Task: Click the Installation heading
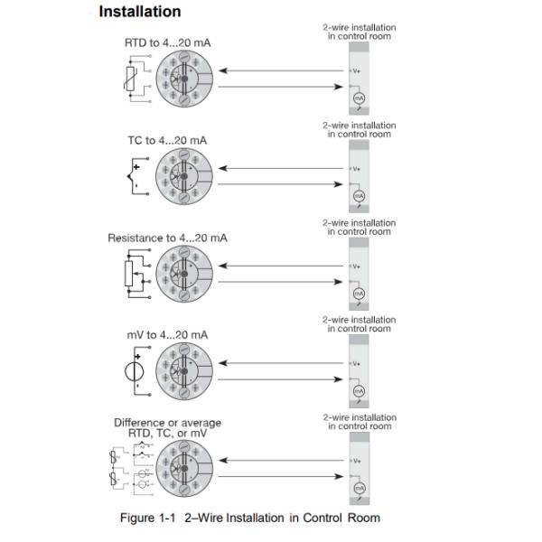click(139, 12)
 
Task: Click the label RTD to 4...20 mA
click(169, 42)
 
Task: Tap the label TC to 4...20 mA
click(167, 140)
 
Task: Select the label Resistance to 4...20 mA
click(167, 238)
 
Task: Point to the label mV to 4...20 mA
click(167, 335)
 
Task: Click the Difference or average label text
click(167, 422)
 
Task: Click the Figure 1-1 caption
click(250, 518)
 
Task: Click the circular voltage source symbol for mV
click(133, 370)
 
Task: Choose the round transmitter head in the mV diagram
click(183, 370)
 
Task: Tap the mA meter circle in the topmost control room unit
click(359, 97)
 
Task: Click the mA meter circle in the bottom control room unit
click(359, 488)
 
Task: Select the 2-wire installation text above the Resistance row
click(359, 228)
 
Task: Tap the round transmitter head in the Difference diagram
click(183, 468)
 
